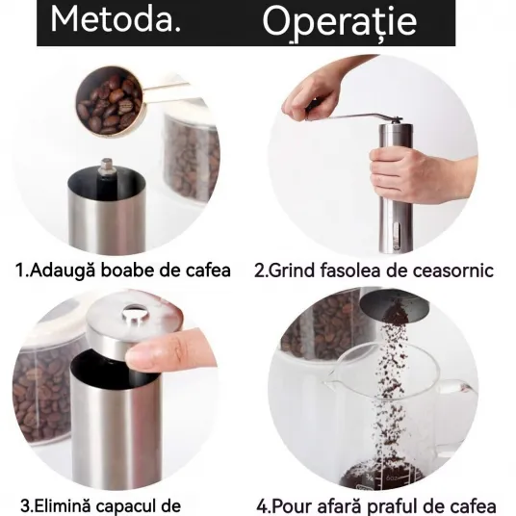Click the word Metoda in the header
pyautogui.click(x=112, y=20)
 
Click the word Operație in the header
pyautogui.click(x=340, y=22)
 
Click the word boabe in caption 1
pyautogui.click(x=127, y=271)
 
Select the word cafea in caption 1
pyautogui.click(x=209, y=271)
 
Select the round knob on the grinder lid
pyautogui.click(x=135, y=313)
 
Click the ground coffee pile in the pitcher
pyautogui.click(x=382, y=474)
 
